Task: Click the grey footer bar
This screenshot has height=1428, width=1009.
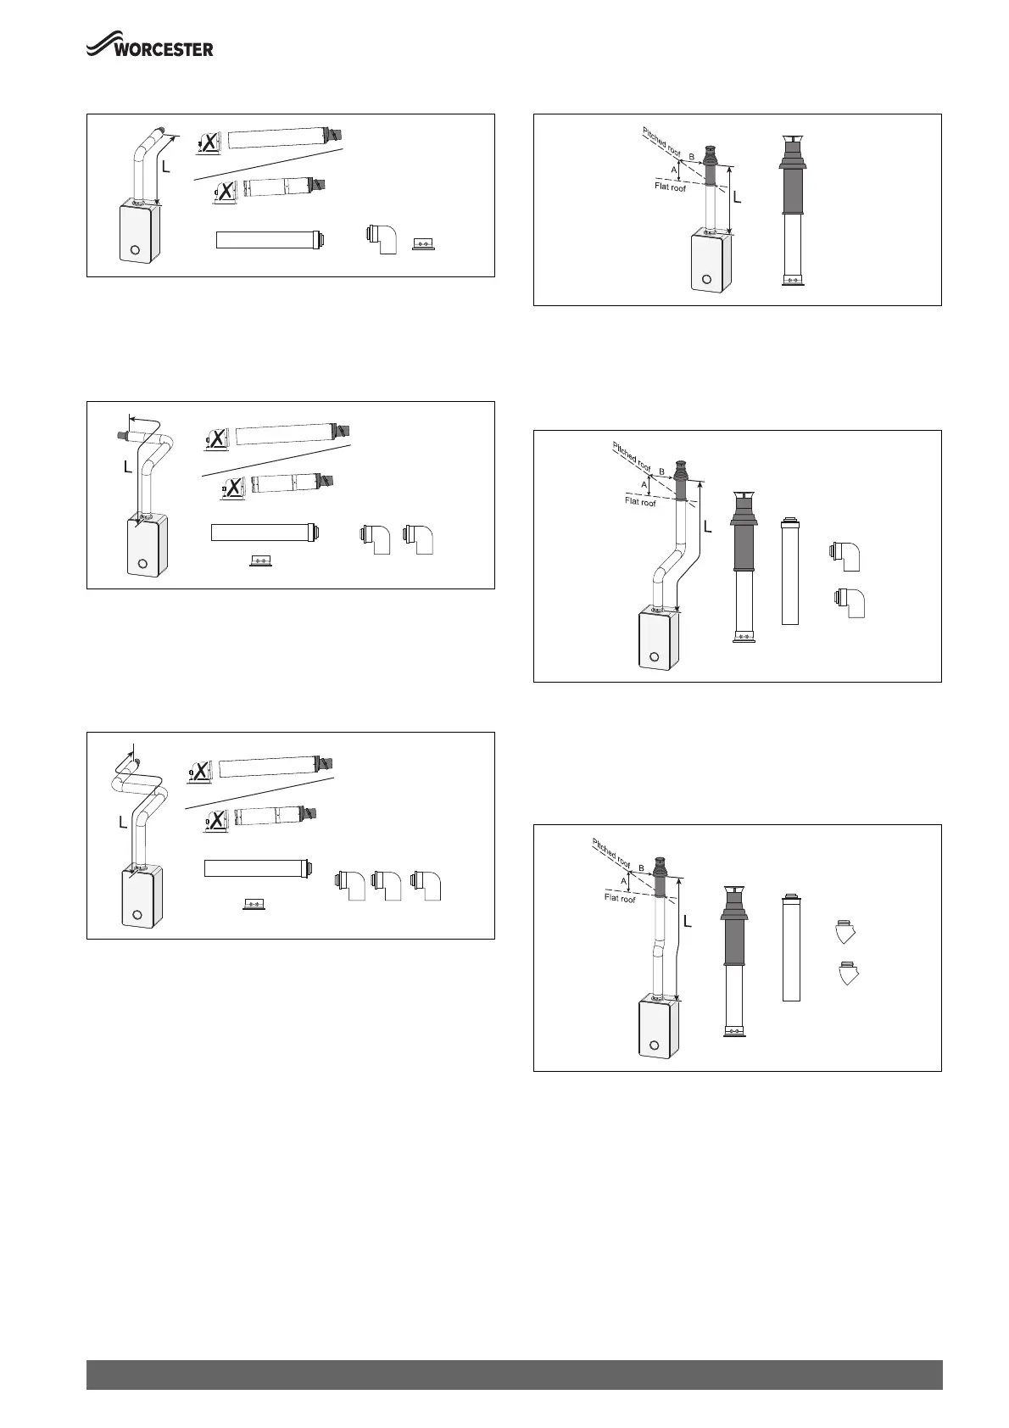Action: (x=514, y=1375)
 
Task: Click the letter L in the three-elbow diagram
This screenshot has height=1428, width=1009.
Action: (x=124, y=822)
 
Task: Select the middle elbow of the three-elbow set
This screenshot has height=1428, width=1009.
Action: (x=387, y=885)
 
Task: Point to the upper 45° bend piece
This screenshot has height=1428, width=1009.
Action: (x=845, y=933)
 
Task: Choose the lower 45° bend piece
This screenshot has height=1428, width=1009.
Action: (x=847, y=973)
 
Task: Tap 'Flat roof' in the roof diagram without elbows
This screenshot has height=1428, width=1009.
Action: (x=670, y=187)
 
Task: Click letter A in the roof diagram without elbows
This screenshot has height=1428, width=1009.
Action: (x=675, y=170)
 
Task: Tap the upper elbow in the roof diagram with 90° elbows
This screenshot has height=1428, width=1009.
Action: (x=846, y=555)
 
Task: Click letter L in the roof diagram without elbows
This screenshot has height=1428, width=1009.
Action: (x=737, y=198)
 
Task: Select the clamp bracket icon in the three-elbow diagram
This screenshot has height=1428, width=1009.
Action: (x=254, y=904)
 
